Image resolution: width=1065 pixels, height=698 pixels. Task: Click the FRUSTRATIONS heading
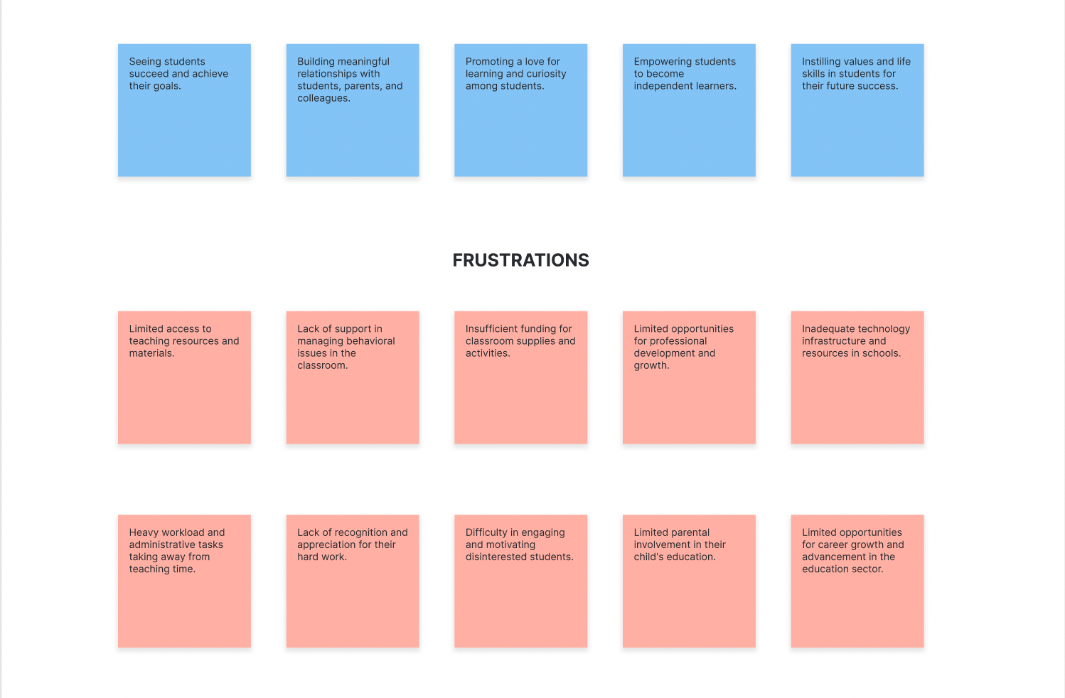click(x=520, y=260)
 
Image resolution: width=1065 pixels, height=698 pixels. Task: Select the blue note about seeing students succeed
click(x=184, y=110)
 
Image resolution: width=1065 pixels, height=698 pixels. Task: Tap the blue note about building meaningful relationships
click(x=353, y=110)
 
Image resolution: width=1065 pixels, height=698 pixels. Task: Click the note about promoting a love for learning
click(x=520, y=110)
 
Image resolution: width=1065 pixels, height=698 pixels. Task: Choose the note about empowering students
click(x=689, y=110)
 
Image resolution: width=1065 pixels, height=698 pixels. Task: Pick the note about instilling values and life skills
click(x=857, y=110)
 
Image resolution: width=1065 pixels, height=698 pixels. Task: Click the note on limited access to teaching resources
click(x=184, y=377)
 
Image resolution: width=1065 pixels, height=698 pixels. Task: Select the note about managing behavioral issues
click(x=353, y=377)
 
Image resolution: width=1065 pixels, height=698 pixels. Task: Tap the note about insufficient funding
click(x=520, y=377)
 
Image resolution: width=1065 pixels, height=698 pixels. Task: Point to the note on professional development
click(x=689, y=377)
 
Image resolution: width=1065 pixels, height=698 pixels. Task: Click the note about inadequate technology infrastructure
click(x=857, y=377)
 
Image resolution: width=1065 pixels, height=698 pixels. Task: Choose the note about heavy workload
click(x=184, y=581)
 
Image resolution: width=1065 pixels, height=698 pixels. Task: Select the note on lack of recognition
click(x=353, y=581)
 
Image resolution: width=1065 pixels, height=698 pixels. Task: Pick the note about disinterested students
click(x=520, y=581)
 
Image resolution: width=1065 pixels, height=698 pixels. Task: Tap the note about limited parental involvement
click(x=689, y=581)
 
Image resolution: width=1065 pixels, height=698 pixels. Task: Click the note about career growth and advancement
click(x=857, y=581)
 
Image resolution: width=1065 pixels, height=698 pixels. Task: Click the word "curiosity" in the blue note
click(x=547, y=74)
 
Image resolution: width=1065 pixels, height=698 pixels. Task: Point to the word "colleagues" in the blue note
click(x=323, y=98)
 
